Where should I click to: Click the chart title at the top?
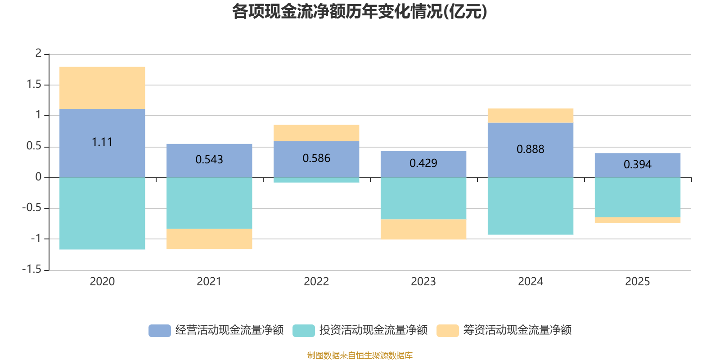360,12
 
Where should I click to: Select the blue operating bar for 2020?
102,157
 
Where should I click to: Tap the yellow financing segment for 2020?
102,88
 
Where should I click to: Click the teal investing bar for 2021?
209,203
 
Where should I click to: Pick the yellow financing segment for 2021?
209,239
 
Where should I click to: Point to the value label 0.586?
316,158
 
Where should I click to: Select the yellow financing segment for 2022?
316,133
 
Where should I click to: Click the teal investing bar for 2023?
423,198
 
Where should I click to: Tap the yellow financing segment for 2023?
423,229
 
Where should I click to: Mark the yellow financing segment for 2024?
531,116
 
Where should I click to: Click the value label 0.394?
638,165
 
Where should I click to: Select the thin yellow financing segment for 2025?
638,220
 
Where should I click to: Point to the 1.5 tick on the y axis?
34,85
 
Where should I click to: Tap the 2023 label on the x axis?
423,282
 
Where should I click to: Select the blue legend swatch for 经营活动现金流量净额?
160,330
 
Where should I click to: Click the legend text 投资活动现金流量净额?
373,330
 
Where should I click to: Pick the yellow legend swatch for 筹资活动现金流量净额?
448,330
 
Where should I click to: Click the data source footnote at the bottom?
360,355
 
